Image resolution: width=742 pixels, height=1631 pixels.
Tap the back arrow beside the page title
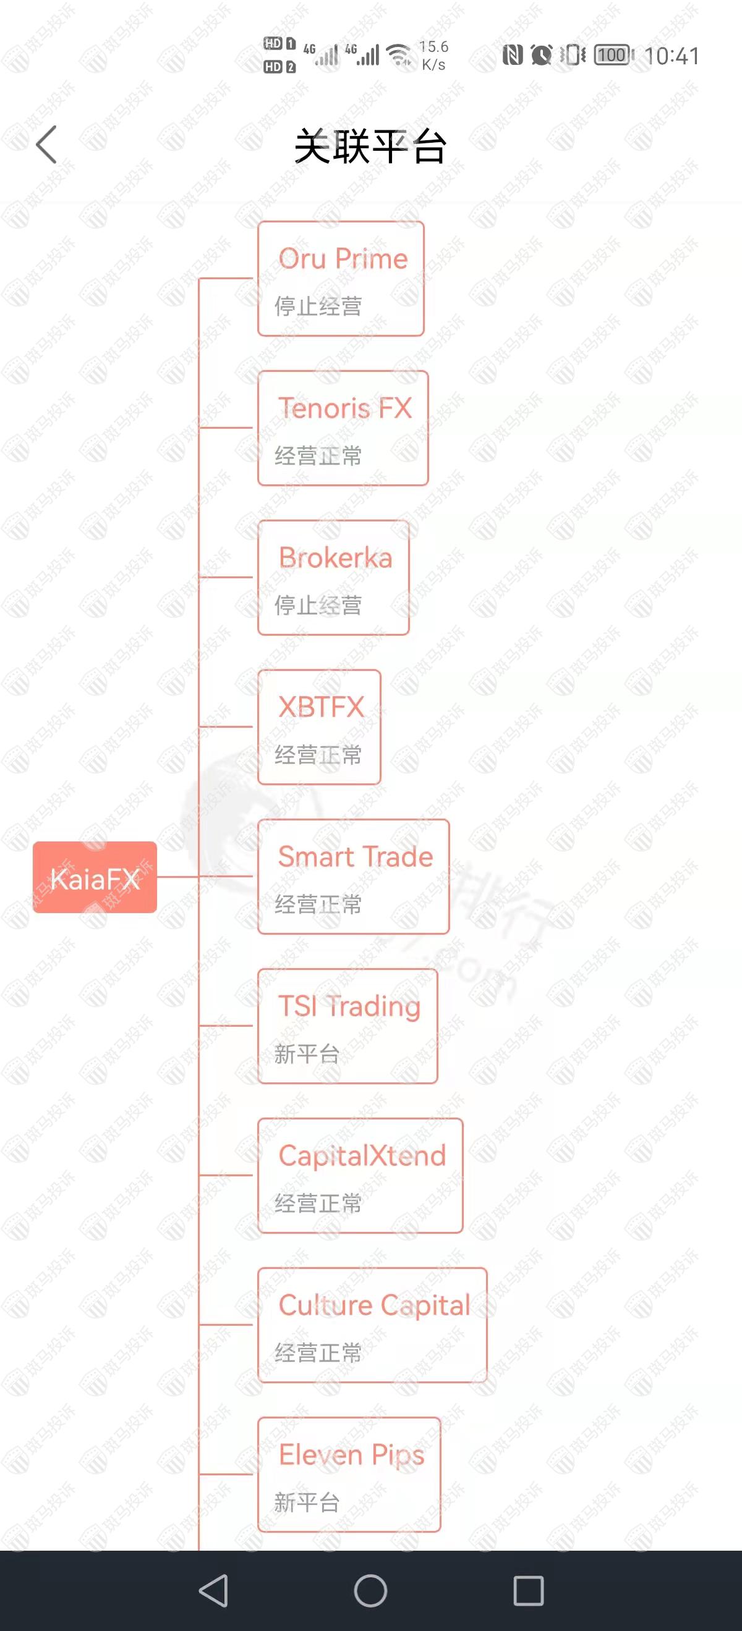(x=46, y=145)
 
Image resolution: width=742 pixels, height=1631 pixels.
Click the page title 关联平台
(x=370, y=146)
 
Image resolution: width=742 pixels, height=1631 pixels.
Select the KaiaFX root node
(x=95, y=877)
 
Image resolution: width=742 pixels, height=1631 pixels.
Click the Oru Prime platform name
(x=343, y=258)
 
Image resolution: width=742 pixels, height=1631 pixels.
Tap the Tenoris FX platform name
(x=345, y=408)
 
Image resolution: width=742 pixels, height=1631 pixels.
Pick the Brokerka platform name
(x=335, y=557)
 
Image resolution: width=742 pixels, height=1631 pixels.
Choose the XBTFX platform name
(x=322, y=707)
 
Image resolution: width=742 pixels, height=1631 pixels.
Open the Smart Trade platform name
(x=356, y=856)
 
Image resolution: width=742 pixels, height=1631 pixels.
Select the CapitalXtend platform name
(x=362, y=1155)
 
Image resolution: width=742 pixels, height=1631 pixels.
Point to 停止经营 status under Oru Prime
(x=318, y=306)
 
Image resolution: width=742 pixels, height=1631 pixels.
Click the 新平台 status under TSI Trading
(x=307, y=1054)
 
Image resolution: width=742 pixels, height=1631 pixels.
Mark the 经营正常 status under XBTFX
(x=318, y=755)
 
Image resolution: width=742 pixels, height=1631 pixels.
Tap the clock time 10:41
(x=672, y=56)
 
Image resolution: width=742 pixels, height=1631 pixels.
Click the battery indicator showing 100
(x=613, y=55)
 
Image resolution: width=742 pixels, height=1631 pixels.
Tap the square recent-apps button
(x=529, y=1590)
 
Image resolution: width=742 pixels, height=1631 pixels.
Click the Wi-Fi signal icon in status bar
(x=399, y=55)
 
